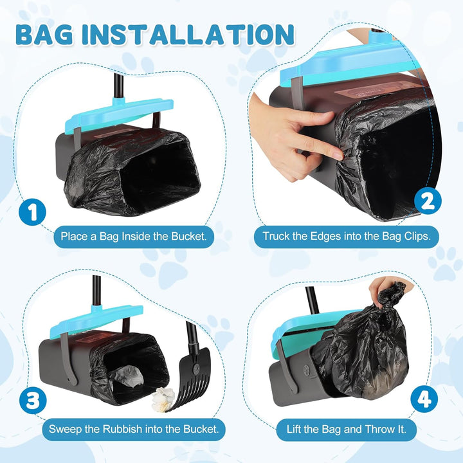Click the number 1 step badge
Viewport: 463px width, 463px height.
point(33,212)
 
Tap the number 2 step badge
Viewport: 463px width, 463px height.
point(428,202)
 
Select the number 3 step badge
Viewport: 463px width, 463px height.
point(33,401)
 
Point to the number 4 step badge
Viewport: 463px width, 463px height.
point(424,399)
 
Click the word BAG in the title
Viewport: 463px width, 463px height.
point(44,34)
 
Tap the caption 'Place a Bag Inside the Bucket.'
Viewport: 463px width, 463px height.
point(134,236)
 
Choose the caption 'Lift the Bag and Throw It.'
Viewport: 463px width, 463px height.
point(347,429)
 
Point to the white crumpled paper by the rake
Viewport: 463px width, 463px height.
point(163,400)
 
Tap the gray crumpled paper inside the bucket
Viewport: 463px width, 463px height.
point(127,376)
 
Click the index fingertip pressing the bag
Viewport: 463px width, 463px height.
point(338,155)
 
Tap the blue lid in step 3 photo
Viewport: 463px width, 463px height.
point(96,322)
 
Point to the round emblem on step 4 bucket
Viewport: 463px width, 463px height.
point(307,369)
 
